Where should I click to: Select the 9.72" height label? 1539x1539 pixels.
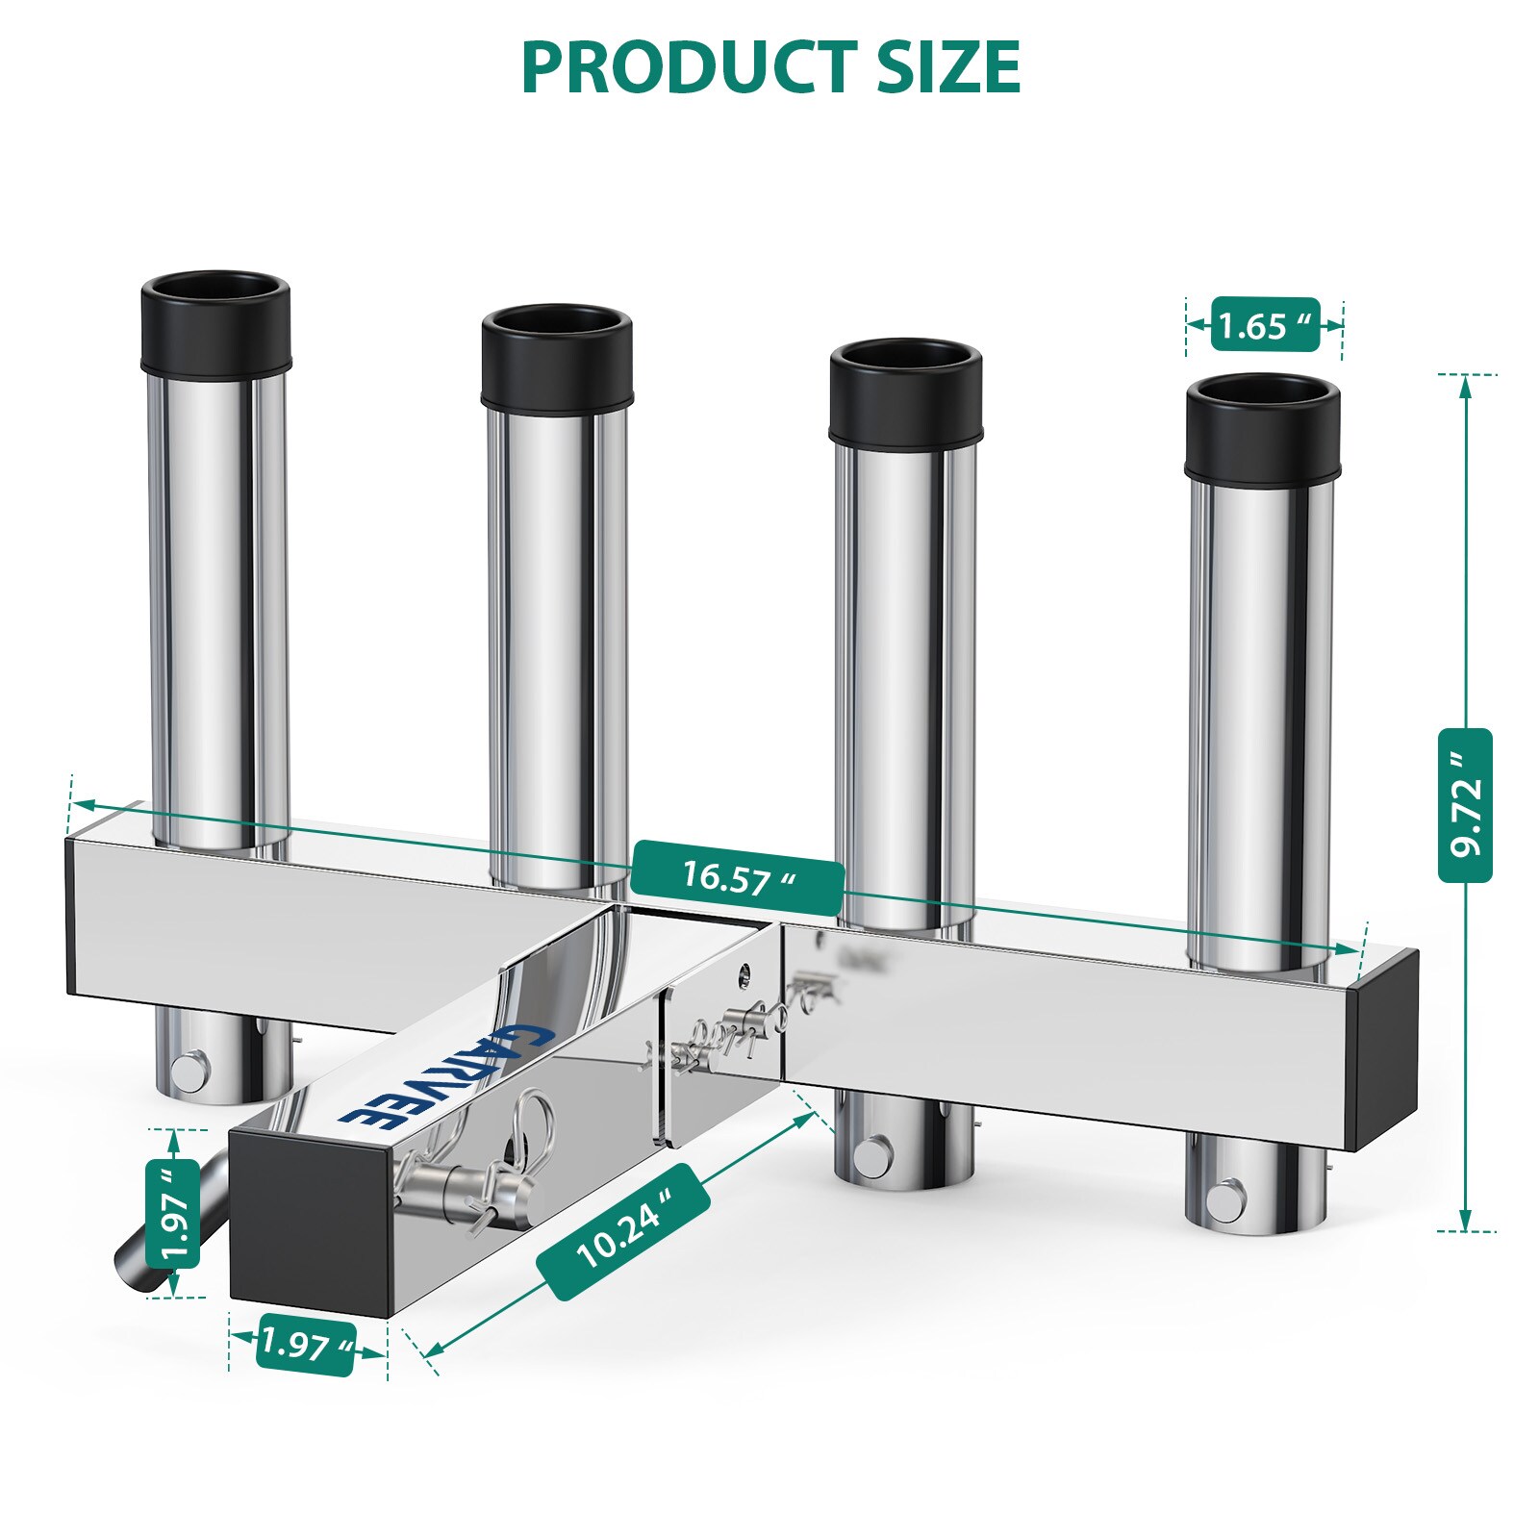[1465, 805]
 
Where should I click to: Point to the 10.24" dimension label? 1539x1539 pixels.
[623, 1231]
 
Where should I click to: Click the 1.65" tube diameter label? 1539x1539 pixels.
[1264, 326]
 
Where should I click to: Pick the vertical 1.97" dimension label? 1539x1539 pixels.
[173, 1213]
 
